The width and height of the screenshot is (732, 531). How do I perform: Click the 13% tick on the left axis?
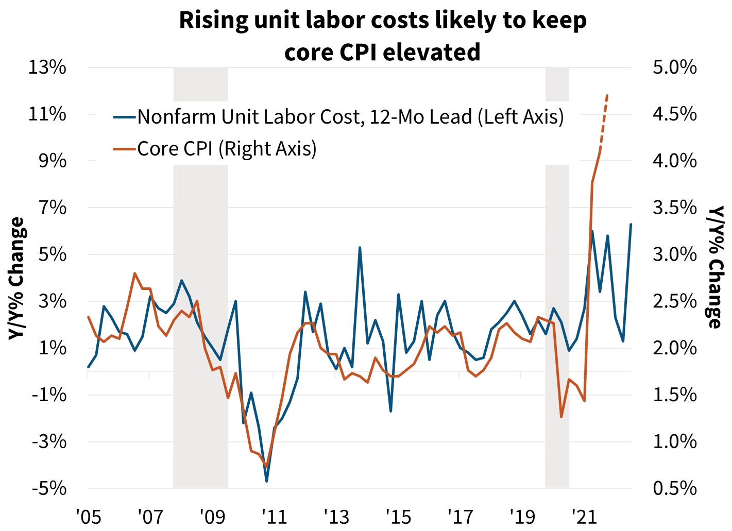pyautogui.click(x=47, y=67)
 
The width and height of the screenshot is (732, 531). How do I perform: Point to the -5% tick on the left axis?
pyautogui.click(x=49, y=488)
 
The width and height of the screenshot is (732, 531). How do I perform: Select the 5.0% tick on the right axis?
pyautogui.click(x=675, y=67)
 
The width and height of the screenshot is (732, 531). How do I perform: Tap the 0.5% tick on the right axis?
pyautogui.click(x=675, y=488)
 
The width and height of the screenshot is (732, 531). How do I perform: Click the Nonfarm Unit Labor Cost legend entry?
pyautogui.click(x=350, y=117)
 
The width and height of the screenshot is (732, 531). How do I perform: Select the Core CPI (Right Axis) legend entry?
pyautogui.click(x=227, y=149)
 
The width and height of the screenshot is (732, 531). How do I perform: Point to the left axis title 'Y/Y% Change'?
pyautogui.click(x=17, y=278)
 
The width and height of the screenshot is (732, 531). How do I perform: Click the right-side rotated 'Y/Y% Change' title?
pyautogui.click(x=715, y=267)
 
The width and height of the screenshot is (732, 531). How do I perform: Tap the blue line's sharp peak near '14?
pyautogui.click(x=360, y=248)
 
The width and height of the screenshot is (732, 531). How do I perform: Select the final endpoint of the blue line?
pyautogui.click(x=631, y=225)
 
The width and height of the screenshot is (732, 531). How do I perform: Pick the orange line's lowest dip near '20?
pyautogui.click(x=561, y=417)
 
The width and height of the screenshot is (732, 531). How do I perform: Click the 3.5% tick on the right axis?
pyautogui.click(x=675, y=208)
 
